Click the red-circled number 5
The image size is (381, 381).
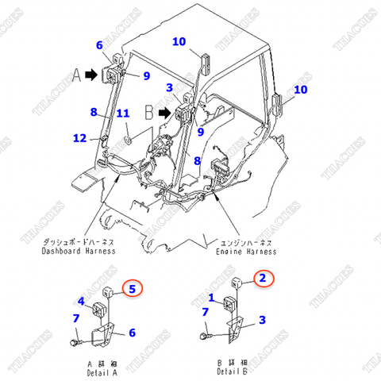133,288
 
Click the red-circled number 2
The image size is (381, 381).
263,278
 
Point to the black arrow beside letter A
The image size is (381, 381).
91,73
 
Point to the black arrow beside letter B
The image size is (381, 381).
164,114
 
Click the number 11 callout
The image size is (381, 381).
122,114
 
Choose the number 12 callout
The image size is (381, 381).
79,137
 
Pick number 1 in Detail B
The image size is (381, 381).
210,298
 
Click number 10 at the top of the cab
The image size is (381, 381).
179,41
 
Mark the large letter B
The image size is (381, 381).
148,114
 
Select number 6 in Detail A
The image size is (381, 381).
133,333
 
